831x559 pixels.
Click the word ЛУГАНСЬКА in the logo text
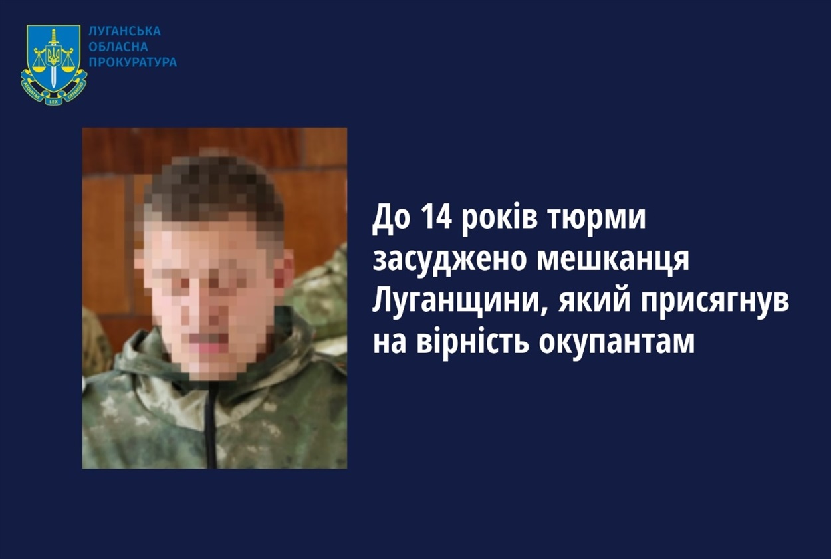(125, 31)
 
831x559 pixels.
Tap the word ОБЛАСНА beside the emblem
(118, 47)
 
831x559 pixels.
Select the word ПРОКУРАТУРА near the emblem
(133, 62)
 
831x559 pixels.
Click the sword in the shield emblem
(54, 58)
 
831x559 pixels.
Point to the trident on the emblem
(54, 56)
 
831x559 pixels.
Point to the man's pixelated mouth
(209, 342)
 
